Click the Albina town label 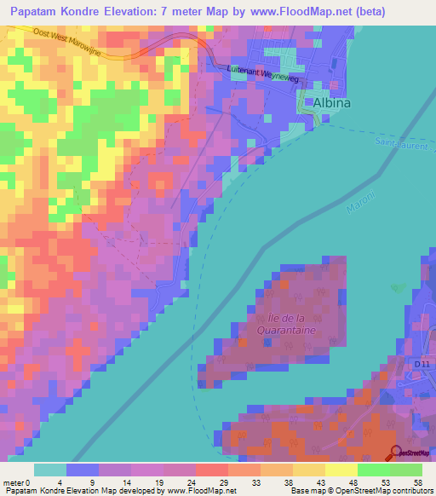point(332,103)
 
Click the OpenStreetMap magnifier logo point(396,453)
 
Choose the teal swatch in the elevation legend point(50,470)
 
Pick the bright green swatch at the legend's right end point(406,470)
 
